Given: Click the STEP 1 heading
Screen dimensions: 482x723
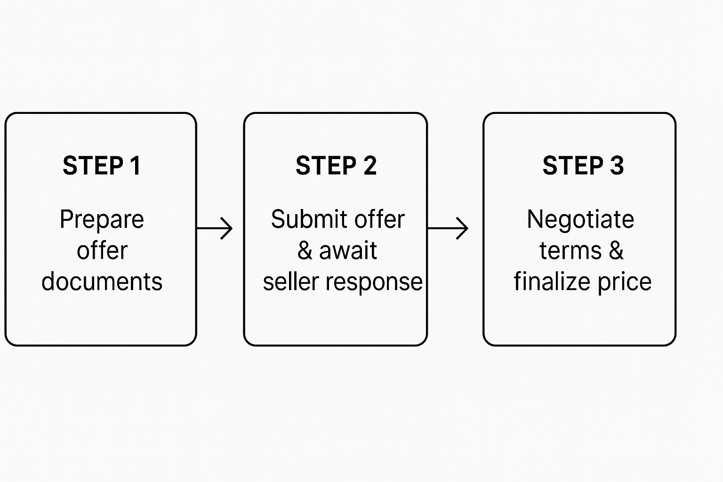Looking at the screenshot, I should point(101,166).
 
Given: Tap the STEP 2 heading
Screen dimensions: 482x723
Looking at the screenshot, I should point(336,166).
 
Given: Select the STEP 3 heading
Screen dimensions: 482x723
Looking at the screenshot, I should point(583,166).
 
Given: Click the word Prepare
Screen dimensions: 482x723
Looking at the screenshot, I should point(102,220).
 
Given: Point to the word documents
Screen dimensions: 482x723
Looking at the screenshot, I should point(102,281).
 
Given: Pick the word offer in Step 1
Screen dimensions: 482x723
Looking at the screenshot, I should point(102,250).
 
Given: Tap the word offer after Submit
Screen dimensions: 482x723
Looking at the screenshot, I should point(379,219).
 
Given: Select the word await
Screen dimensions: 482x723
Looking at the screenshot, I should point(348,250).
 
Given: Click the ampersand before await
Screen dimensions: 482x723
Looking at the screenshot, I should point(305,251).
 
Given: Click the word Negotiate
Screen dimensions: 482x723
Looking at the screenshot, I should point(580,219).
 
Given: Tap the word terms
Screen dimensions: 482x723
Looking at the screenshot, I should point(570,250).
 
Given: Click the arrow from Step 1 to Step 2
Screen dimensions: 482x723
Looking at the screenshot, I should point(215,228).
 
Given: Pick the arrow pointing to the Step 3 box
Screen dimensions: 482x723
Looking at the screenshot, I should point(448,228).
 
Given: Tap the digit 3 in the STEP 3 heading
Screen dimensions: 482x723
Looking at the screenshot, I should point(617,166).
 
